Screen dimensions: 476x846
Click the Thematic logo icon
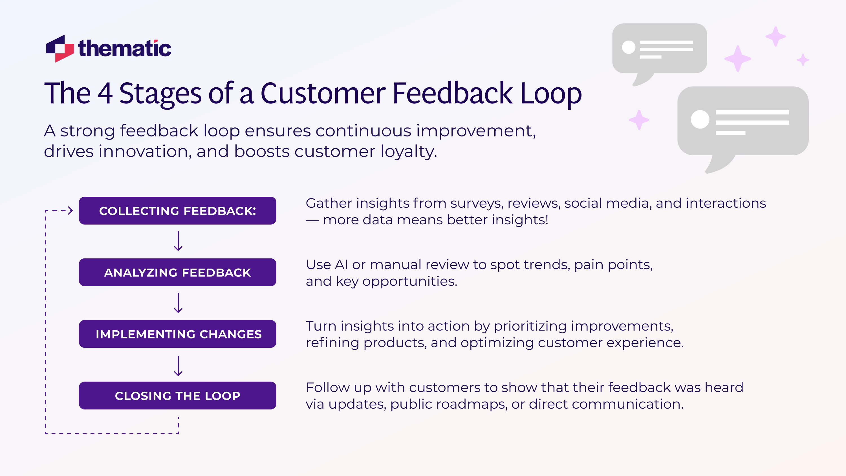(x=60, y=48)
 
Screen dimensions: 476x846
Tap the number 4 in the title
(x=105, y=94)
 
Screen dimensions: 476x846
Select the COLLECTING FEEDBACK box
(x=177, y=211)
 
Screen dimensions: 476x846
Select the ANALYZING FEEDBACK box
(x=177, y=273)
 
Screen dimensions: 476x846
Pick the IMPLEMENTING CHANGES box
(x=177, y=334)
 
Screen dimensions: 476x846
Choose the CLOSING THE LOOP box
(x=177, y=396)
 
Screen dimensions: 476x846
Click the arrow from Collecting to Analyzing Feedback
(x=178, y=241)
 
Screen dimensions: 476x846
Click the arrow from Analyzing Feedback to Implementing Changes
(x=178, y=303)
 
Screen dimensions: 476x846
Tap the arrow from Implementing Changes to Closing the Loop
(x=178, y=366)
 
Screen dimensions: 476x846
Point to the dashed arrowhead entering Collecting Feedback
(x=70, y=211)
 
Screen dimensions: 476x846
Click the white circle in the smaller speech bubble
(x=629, y=47)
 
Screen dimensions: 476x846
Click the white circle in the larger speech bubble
(x=700, y=119)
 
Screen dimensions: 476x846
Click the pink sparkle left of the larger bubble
(x=639, y=120)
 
